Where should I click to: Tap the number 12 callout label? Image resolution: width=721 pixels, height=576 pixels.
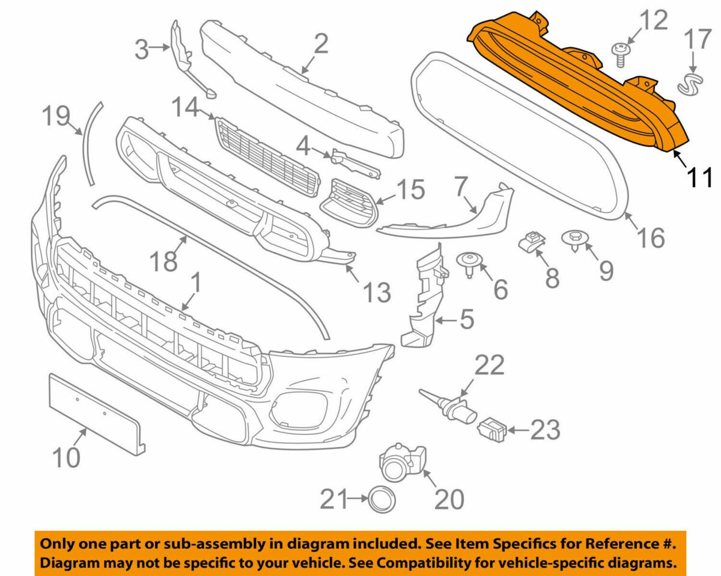[x=653, y=21]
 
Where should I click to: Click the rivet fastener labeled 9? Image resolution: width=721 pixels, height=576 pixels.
[x=576, y=240]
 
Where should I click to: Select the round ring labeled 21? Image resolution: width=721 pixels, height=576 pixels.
[x=382, y=498]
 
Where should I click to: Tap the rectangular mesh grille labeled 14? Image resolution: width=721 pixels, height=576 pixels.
[x=267, y=155]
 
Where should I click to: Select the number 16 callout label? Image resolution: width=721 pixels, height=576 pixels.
[x=651, y=237]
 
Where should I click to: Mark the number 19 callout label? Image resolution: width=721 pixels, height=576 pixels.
[x=56, y=115]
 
